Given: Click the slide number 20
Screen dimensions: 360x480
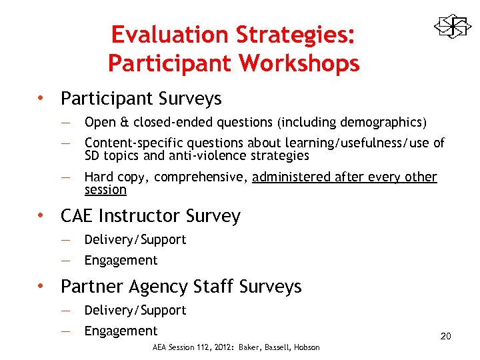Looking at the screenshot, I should coord(445,336).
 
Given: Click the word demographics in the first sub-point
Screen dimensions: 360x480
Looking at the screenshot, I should coord(381,123).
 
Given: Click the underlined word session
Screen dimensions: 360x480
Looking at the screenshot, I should coord(105,190).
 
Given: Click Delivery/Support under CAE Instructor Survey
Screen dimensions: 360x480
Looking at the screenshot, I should coord(135,239).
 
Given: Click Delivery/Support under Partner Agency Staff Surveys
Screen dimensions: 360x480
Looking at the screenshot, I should coord(135,310).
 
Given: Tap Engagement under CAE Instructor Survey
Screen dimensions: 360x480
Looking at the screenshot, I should coord(121,260).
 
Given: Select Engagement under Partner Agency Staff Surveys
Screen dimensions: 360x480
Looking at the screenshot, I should coord(121,331).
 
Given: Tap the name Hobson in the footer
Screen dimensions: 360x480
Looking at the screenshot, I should coord(307,347).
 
